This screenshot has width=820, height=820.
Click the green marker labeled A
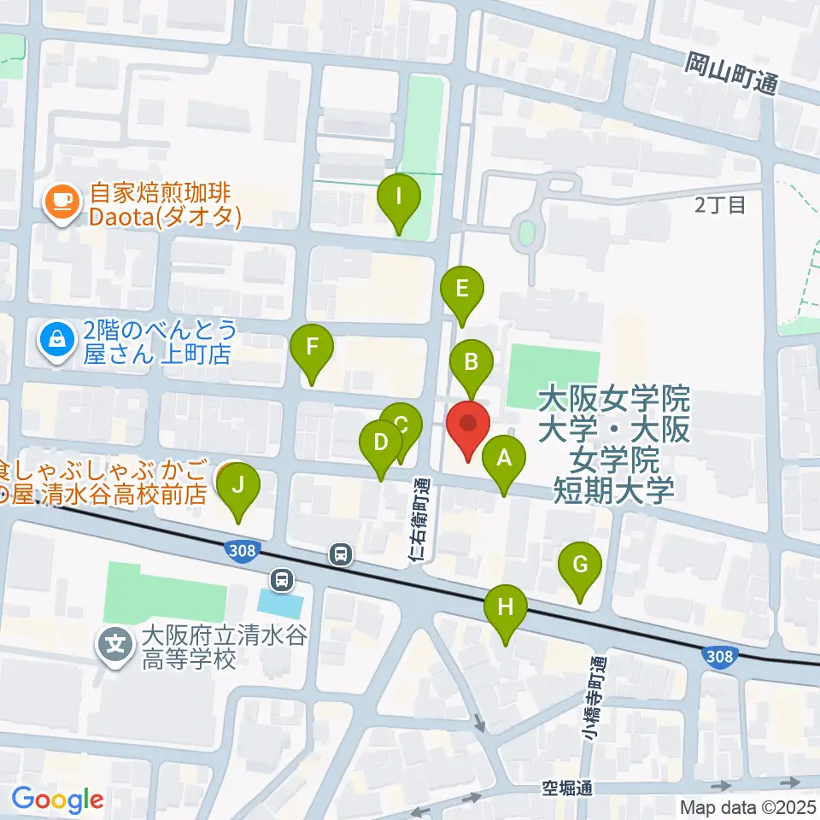coord(504,460)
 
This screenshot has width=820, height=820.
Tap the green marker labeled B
coord(471,362)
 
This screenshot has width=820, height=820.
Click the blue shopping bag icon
coord(56,340)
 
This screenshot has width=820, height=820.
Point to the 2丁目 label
coord(720,204)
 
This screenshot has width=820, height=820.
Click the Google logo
coord(57,799)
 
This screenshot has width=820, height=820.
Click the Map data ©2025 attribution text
coord(748,806)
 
